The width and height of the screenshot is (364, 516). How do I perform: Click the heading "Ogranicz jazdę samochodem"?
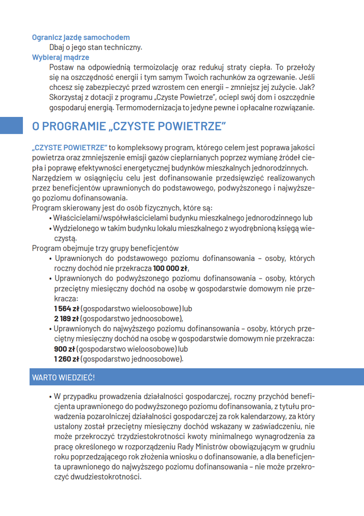click(x=81, y=37)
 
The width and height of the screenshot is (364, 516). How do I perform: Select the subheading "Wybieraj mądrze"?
click(x=60, y=57)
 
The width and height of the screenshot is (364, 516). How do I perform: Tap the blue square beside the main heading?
click(x=11, y=126)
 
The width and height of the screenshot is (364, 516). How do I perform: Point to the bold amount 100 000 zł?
click(x=170, y=268)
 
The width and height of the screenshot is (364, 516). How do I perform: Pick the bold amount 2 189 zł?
click(x=66, y=319)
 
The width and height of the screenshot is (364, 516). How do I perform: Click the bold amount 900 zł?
click(x=64, y=349)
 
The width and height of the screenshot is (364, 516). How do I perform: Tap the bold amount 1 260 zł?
click(x=66, y=359)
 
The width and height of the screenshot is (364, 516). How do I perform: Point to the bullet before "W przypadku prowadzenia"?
click(x=50, y=396)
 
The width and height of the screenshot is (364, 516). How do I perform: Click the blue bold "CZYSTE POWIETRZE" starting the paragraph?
click(x=70, y=148)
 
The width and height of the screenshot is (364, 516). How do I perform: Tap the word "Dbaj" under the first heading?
click(x=57, y=47)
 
